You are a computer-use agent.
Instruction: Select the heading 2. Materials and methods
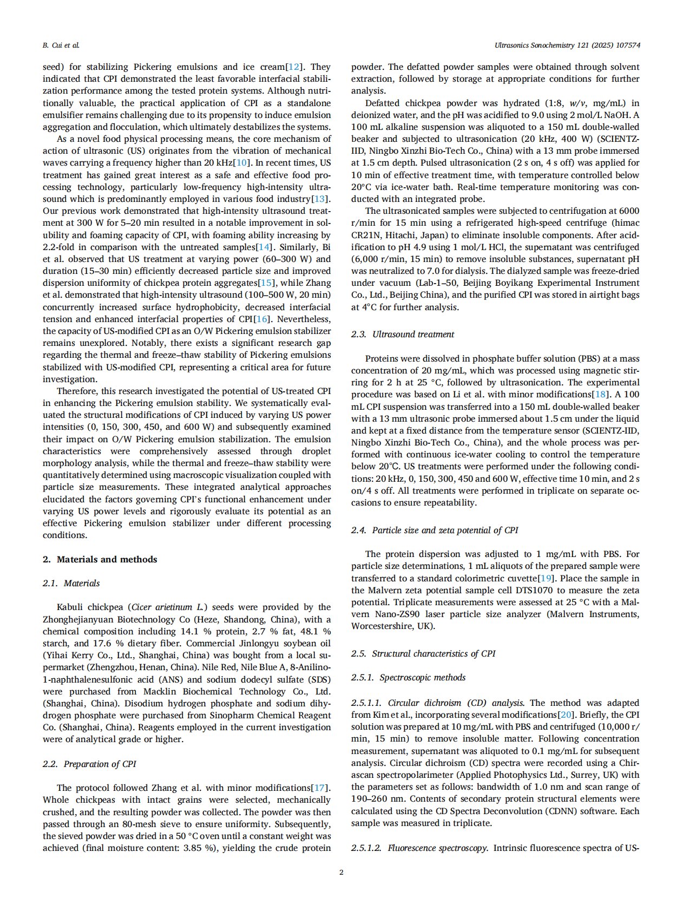(x=100, y=560)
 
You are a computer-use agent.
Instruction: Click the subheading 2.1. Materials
(x=71, y=584)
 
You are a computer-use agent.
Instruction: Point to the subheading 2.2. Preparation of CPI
(x=89, y=764)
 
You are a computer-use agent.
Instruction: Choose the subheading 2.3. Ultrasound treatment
(x=403, y=335)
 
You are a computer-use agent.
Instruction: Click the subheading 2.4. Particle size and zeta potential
(x=435, y=530)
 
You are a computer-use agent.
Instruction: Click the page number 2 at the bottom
(x=342, y=872)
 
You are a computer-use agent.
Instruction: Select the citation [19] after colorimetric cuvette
(x=544, y=579)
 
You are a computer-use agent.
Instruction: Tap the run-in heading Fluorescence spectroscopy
(x=438, y=848)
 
